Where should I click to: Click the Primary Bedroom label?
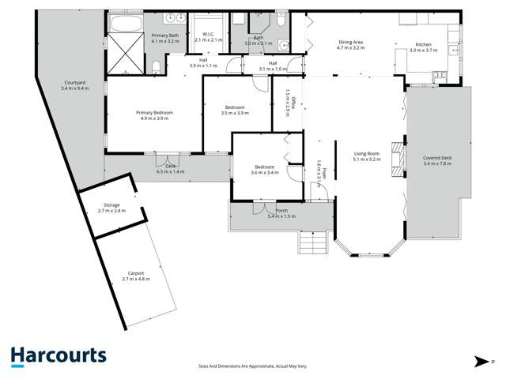[154, 115]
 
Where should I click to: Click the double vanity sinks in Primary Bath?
[174, 17]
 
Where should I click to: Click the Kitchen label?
[425, 47]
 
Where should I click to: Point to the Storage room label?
[111, 208]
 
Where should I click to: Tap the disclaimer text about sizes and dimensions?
[252, 366]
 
